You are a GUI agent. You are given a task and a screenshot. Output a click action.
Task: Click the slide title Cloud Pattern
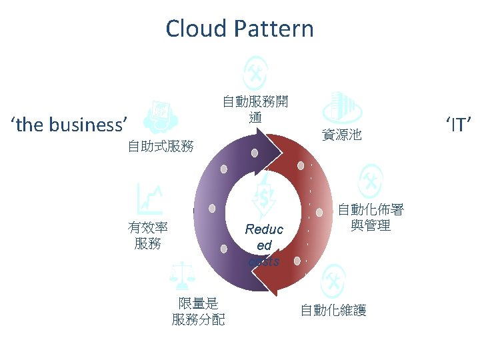pos(239,29)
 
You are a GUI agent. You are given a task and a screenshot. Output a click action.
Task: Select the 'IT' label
pos(459,124)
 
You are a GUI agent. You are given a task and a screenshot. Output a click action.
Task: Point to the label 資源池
pos(341,135)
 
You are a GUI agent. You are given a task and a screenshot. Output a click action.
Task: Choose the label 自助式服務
pos(161,146)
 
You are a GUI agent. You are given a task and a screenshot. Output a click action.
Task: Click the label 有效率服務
pos(147,235)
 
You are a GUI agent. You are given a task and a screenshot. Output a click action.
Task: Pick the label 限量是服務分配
pos(198,311)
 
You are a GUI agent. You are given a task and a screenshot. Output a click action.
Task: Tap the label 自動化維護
pos(333,310)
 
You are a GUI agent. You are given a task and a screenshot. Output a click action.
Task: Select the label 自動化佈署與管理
pos(371,217)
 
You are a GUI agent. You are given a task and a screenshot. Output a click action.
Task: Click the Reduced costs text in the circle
pos(264,245)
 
